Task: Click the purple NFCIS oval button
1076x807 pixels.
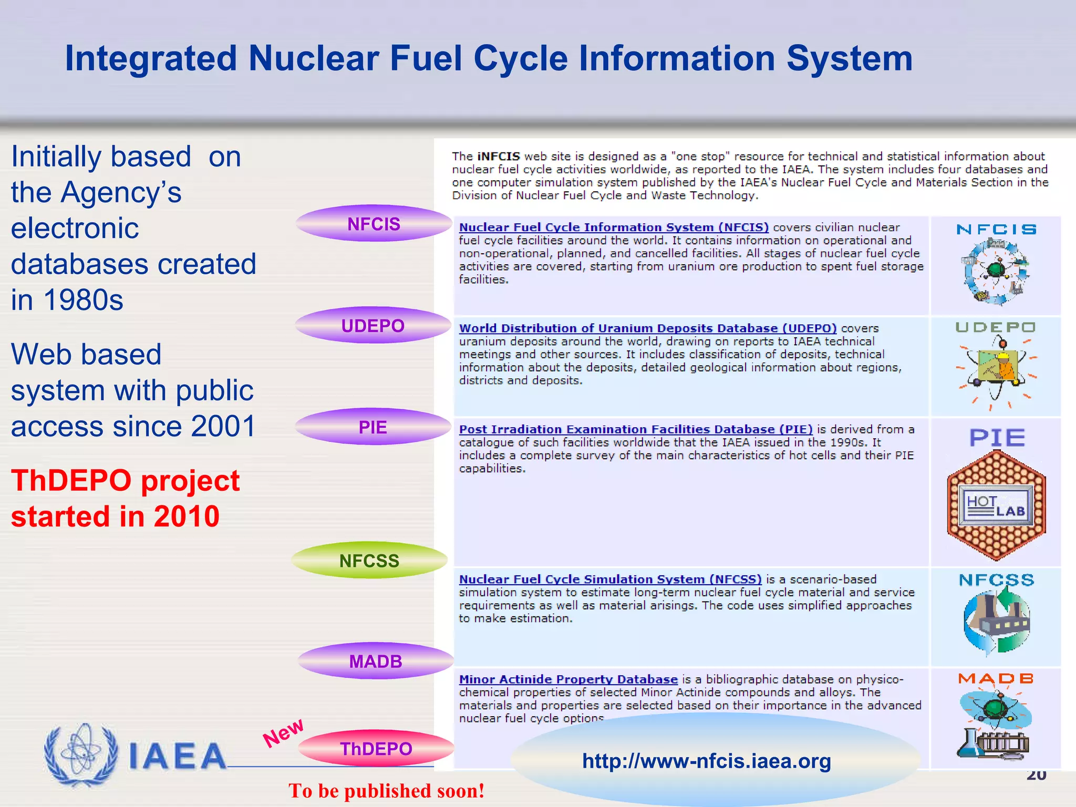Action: (x=374, y=224)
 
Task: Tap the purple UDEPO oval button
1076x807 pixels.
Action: (x=373, y=326)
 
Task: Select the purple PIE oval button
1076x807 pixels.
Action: (x=373, y=427)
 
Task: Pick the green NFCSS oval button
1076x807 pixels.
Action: (x=369, y=561)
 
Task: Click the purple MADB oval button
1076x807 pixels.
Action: (x=375, y=661)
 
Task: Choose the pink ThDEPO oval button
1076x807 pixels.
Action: (x=376, y=748)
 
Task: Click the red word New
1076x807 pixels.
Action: (x=283, y=732)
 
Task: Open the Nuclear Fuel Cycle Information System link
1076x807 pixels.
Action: (x=613, y=227)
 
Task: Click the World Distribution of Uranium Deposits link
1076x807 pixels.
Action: (x=647, y=328)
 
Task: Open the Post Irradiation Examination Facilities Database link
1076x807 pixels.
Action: (x=635, y=429)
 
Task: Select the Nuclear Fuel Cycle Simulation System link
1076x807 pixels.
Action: (x=610, y=579)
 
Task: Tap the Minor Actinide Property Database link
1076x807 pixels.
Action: (x=568, y=679)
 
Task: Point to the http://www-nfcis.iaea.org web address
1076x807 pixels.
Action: (x=706, y=761)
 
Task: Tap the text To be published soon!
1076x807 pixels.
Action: (x=386, y=790)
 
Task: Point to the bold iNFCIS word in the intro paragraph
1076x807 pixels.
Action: (x=498, y=157)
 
